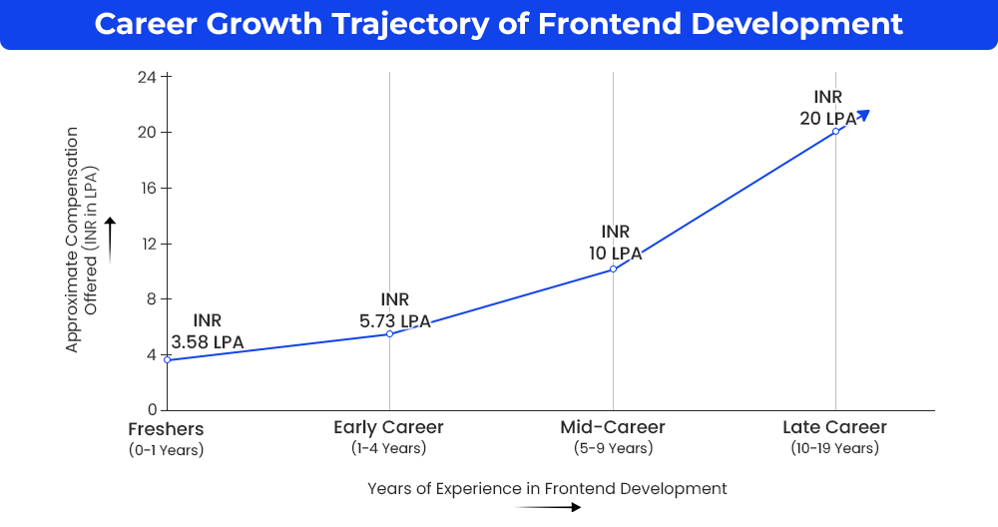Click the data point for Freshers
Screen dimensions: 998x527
point(168,360)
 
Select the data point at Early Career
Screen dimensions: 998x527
point(389,334)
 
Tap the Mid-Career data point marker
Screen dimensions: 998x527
point(613,269)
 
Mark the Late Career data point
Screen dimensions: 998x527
point(835,132)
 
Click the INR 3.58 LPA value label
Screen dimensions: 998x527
point(208,331)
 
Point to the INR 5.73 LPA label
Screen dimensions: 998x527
point(395,310)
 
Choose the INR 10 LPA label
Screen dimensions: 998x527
point(616,243)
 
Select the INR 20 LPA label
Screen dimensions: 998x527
point(828,108)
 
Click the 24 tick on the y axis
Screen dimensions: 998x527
point(147,77)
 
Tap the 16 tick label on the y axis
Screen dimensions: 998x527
point(147,188)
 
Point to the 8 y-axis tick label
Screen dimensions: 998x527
point(151,299)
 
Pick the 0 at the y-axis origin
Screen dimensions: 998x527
point(152,410)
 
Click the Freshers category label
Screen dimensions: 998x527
point(166,429)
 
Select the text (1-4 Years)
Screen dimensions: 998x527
point(389,448)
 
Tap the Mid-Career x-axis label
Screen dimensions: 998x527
point(613,427)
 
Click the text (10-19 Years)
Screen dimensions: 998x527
point(835,448)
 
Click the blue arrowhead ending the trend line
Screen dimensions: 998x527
point(863,115)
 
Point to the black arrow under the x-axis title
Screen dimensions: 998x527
point(548,507)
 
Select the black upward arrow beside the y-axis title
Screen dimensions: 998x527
point(110,240)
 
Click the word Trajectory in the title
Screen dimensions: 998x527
point(410,24)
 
